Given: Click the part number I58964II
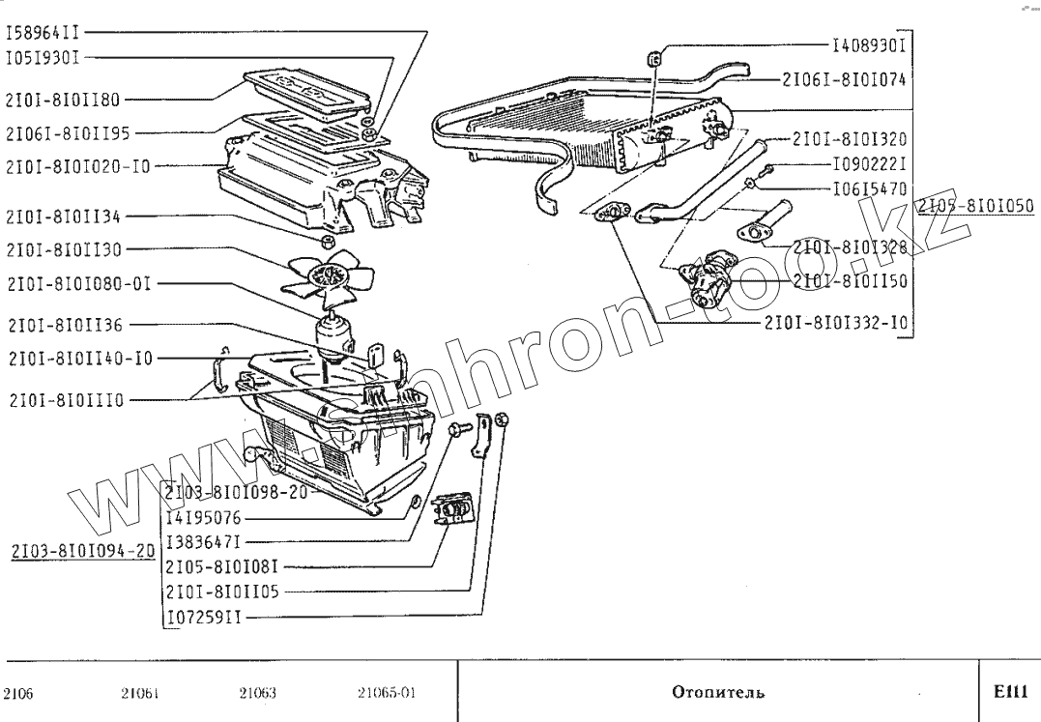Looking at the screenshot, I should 43,32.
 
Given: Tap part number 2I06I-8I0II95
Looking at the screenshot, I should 68,132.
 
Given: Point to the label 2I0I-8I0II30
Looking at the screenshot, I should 63,249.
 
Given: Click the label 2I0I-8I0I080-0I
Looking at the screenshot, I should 78,284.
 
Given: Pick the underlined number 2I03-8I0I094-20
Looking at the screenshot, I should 82,552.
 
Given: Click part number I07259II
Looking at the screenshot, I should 204,616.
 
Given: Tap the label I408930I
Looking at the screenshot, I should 868,44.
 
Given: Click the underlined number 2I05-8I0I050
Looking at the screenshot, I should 975,206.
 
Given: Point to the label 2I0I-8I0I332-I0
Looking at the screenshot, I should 836,322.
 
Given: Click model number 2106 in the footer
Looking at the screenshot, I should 19,693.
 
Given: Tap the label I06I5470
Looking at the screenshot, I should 868,190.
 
